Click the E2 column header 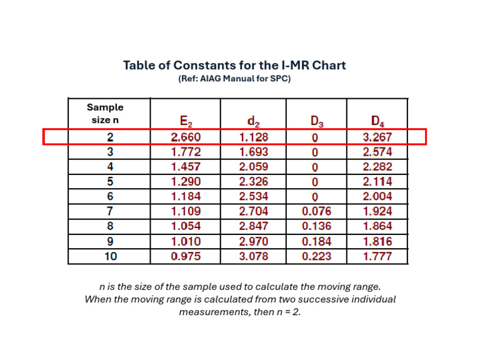coord(186,121)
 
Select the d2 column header coord(254,121)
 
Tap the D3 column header coord(316,121)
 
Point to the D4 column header coord(377,121)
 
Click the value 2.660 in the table coord(186,137)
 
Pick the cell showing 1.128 coord(254,137)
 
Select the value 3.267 coord(377,137)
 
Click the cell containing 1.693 coord(254,152)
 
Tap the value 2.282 coord(377,167)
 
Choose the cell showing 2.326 coord(254,182)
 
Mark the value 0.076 coord(316,212)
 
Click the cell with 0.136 coord(316,227)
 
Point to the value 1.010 coord(186,242)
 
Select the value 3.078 coord(254,256)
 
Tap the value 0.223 coord(316,256)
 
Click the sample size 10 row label coord(109,256)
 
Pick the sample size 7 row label coord(109,212)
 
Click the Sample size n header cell coord(105,113)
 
